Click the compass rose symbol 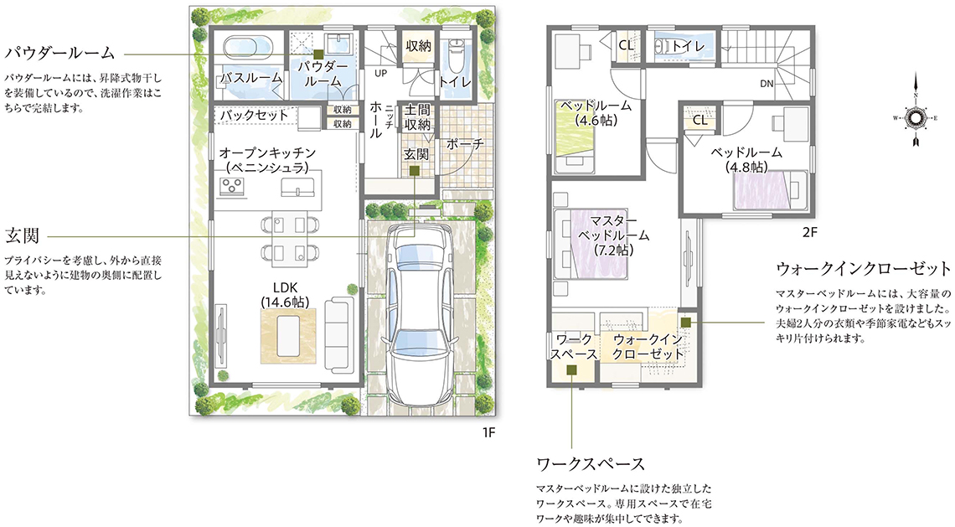[915, 117]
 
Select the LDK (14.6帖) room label [285, 293]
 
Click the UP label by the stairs [380, 74]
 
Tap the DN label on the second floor [767, 84]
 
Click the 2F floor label [809, 232]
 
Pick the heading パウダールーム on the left [59, 53]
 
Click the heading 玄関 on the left [22, 235]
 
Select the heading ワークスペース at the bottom [591, 464]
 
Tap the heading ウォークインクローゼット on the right [863, 269]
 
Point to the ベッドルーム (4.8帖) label [746, 159]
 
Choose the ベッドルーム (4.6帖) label [596, 113]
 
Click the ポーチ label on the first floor [465, 144]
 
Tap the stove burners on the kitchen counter [232, 187]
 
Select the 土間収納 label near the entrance [417, 117]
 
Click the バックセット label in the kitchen [254, 115]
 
